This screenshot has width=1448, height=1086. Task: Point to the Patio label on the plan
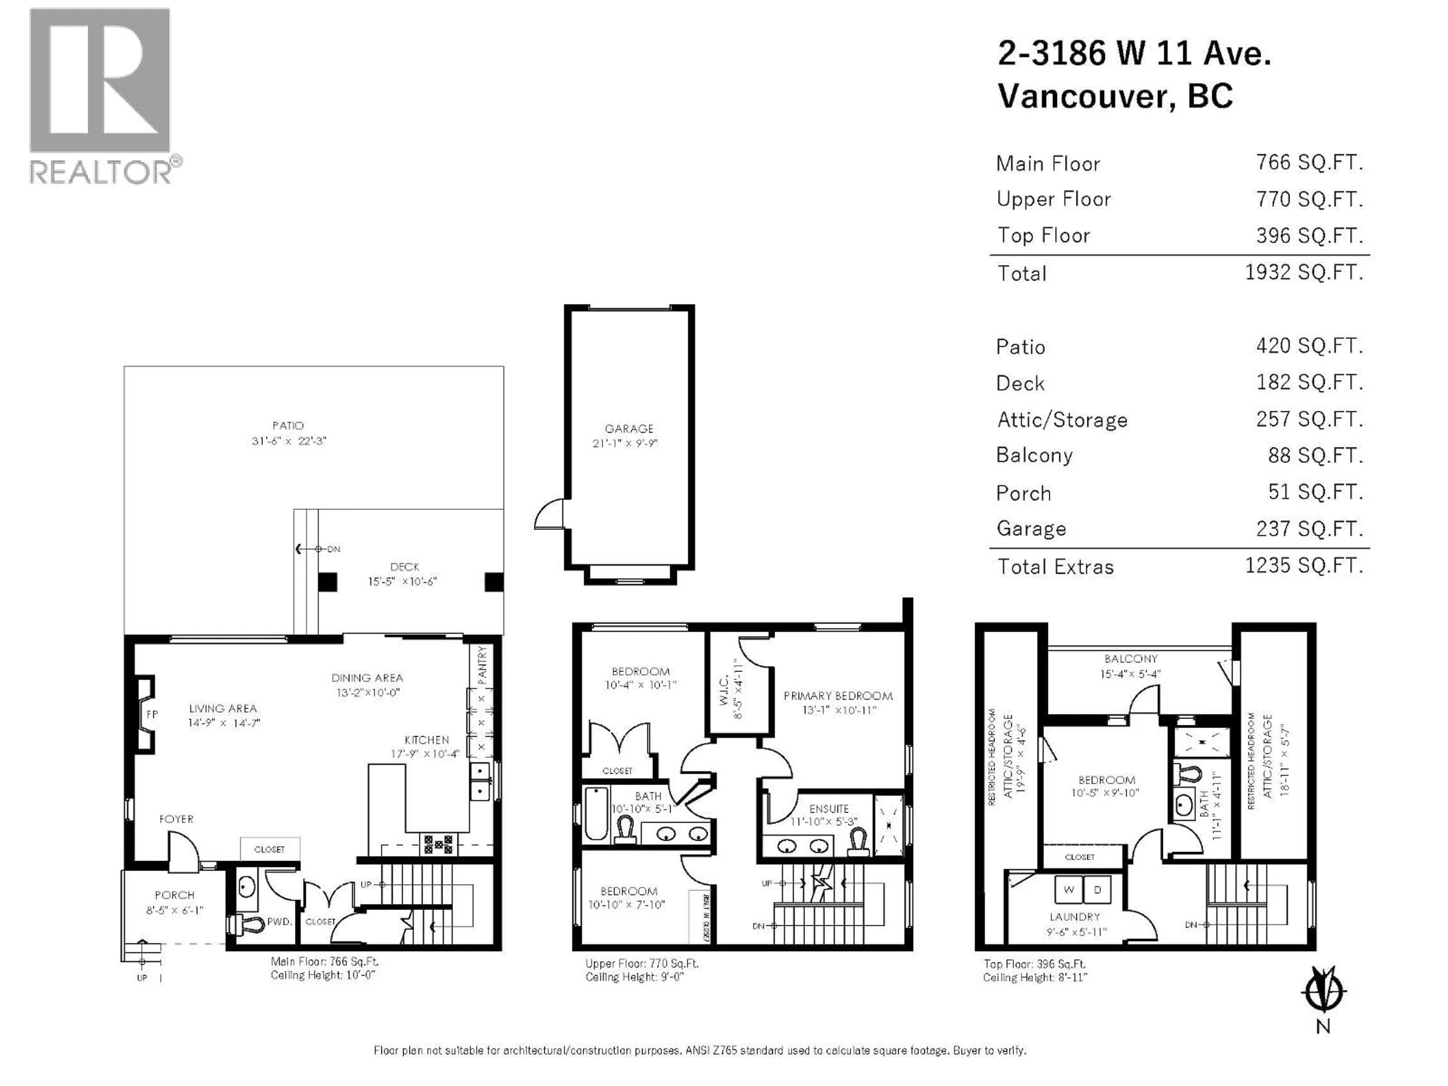[x=288, y=425]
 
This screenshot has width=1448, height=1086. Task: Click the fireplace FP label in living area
[x=152, y=714]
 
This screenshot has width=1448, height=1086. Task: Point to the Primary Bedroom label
[x=838, y=696]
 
